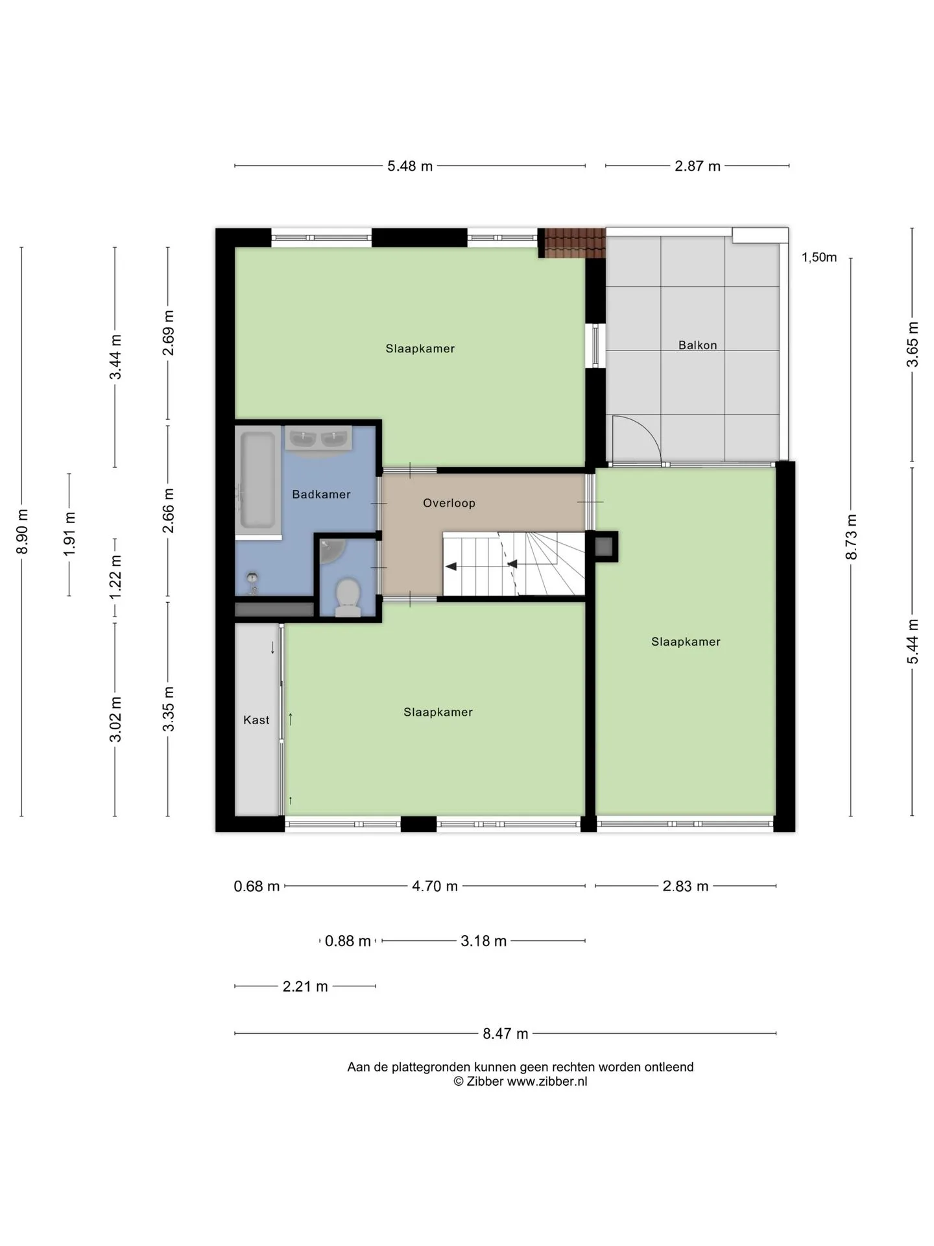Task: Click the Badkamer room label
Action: tap(321, 495)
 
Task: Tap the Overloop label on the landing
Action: tap(449, 503)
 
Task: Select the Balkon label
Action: tap(697, 345)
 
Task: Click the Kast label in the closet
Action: tap(256, 720)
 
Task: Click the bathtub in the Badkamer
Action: tap(257, 481)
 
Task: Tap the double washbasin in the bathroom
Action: tap(318, 439)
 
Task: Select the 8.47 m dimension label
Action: tap(505, 1034)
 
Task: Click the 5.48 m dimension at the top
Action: tap(410, 166)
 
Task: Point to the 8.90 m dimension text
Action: tap(22, 531)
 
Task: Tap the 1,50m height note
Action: tap(819, 257)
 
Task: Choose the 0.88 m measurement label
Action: tap(348, 941)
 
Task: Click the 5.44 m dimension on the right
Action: tap(913, 641)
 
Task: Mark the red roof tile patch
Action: tap(575, 243)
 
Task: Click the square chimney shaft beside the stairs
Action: tap(603, 546)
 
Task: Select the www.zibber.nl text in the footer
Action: tap(547, 1081)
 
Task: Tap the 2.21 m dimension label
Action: tap(305, 986)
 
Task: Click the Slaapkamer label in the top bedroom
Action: tap(420, 348)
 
